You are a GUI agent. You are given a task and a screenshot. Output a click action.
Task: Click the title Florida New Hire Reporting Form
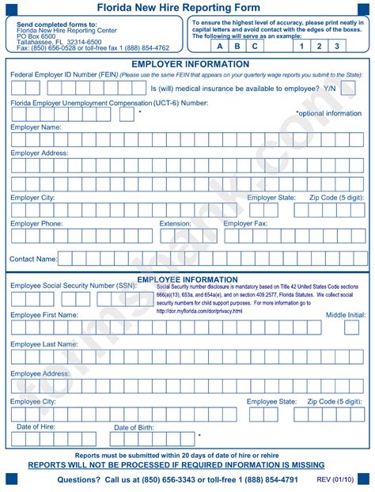188,7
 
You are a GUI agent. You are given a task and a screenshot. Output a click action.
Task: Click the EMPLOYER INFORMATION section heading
190,63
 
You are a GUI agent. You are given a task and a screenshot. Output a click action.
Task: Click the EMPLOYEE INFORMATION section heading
187,279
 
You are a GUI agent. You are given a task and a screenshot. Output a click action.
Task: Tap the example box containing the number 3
336,45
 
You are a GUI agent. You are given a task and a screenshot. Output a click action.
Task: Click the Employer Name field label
36,127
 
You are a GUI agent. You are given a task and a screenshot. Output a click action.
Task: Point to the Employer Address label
40,153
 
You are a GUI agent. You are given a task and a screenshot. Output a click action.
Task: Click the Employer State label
271,198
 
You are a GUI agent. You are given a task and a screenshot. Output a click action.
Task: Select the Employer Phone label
37,224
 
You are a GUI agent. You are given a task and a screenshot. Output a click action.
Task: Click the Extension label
175,224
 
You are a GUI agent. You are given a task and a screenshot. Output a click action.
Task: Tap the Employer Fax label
245,224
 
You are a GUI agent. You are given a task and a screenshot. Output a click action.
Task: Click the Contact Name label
33,259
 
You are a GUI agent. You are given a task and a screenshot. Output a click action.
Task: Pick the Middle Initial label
346,315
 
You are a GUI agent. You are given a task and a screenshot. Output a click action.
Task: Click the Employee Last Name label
44,344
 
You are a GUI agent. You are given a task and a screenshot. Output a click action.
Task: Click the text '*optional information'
328,113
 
